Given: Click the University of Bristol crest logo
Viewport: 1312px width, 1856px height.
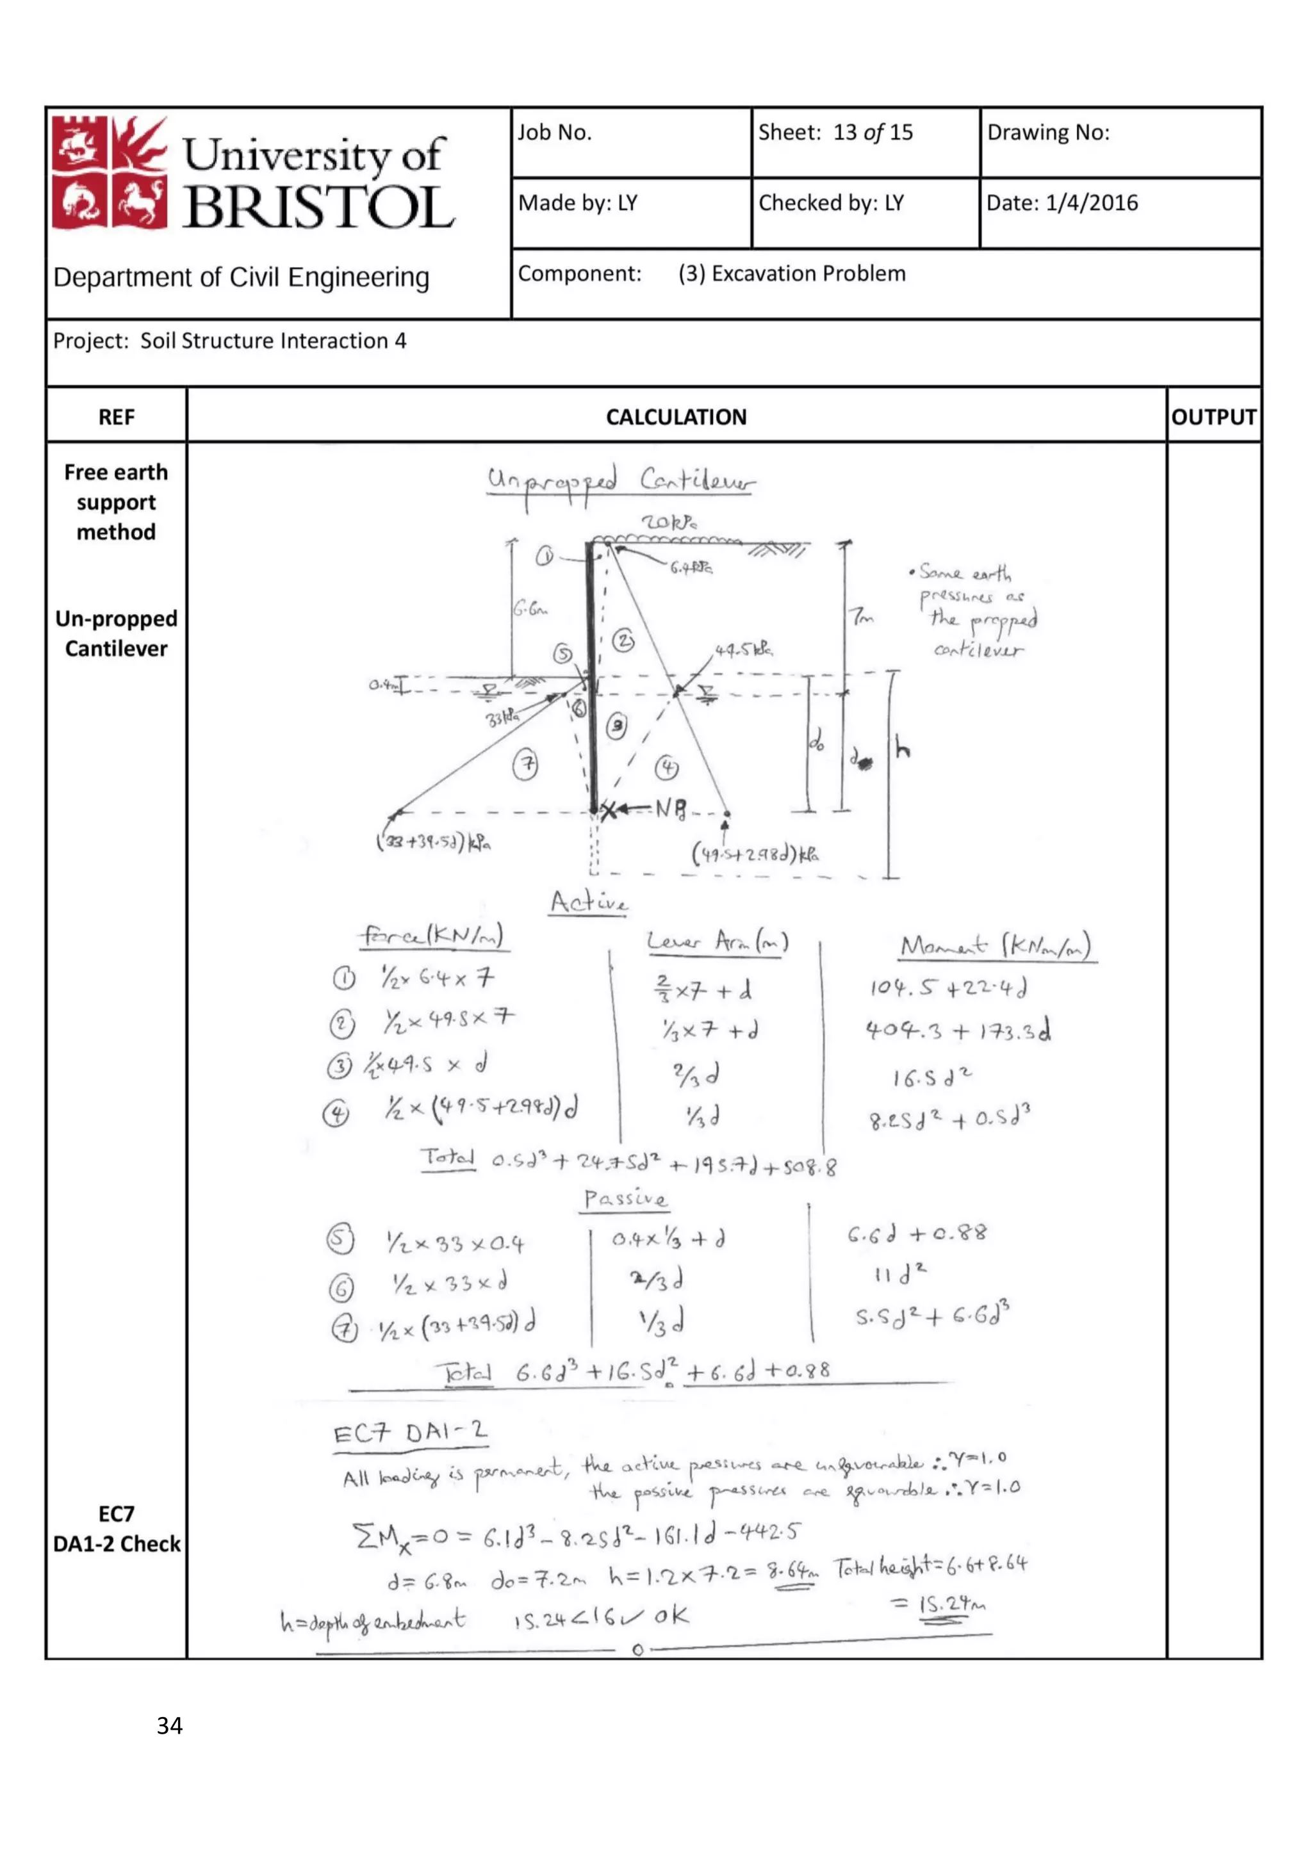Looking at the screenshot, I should [109, 172].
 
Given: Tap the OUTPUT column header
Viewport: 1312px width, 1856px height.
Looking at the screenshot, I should [1213, 417].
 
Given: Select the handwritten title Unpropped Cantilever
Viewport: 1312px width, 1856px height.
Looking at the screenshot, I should [620, 483].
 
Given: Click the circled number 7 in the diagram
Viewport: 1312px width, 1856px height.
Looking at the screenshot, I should [526, 765].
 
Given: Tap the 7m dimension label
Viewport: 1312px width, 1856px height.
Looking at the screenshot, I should [862, 617].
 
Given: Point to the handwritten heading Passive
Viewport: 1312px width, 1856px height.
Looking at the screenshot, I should [626, 1199].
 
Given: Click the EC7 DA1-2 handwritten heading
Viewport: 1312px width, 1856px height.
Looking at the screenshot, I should [411, 1434].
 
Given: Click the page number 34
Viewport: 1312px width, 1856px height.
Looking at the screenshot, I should [170, 1726].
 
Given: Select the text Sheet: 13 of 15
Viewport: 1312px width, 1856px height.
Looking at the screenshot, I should [835, 133].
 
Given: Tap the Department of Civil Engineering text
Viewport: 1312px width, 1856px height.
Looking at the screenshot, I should [241, 277].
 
